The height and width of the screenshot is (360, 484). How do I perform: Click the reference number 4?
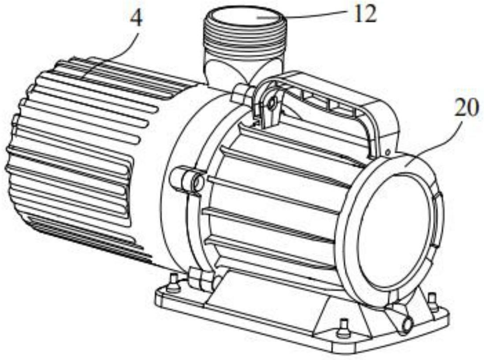(136, 19)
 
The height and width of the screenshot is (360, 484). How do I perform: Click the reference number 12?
(365, 14)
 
